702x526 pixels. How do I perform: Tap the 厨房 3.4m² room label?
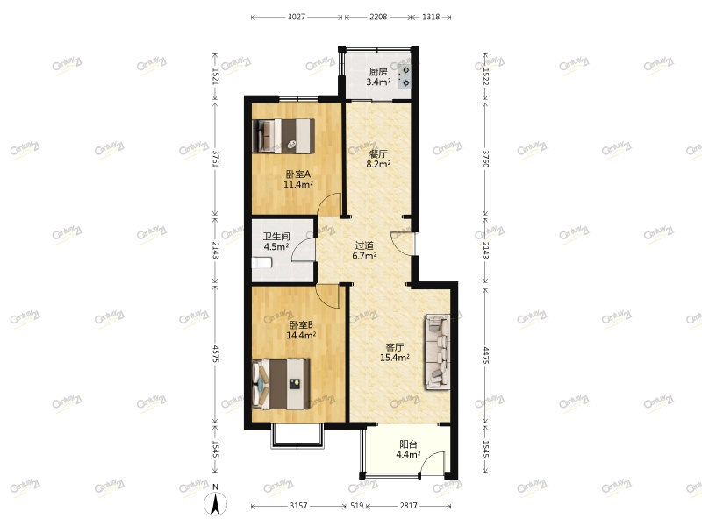coord(378,77)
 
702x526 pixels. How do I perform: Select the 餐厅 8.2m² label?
coord(377,158)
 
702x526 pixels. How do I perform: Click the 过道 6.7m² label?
coord(364,252)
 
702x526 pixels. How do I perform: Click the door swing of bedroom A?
coord(330,205)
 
